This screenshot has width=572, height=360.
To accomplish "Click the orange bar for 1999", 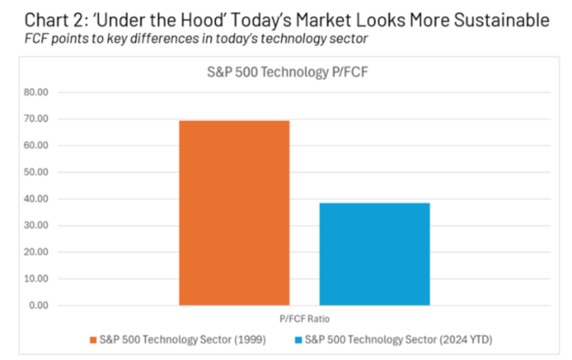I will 234,213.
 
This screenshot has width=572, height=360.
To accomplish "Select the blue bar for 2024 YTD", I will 374,254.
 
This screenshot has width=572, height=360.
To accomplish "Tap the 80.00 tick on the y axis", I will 37,92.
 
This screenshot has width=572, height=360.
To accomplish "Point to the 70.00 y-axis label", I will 37,119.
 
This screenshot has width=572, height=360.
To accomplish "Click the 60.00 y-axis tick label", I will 37,146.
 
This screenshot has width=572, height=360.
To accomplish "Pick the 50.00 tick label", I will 37,172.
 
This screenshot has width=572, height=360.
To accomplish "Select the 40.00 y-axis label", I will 37,199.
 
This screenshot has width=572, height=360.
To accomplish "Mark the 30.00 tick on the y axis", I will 37,226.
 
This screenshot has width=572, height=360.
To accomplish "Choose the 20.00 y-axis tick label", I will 37,252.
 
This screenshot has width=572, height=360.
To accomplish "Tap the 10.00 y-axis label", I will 37,279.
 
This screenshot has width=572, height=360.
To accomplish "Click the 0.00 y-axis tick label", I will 39,306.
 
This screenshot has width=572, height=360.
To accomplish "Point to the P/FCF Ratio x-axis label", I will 305,319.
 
